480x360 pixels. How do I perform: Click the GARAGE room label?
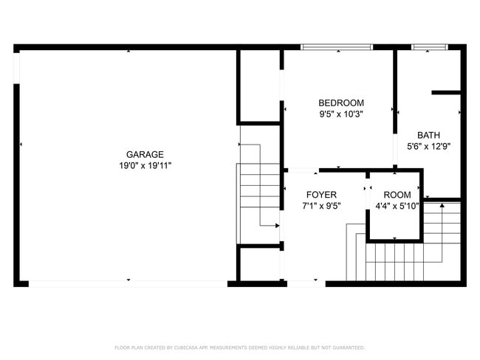[x=145, y=154]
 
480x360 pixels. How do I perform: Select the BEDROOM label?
[x=341, y=103]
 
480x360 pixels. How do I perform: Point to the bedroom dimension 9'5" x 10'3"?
[x=341, y=114]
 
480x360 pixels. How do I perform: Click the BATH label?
[x=429, y=135]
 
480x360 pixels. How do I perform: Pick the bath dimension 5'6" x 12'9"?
[x=429, y=146]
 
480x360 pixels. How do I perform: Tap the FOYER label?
[x=322, y=195]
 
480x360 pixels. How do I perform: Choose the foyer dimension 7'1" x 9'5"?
[x=322, y=207]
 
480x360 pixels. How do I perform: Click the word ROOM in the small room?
[x=397, y=195]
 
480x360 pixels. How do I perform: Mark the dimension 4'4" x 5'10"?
[x=397, y=207]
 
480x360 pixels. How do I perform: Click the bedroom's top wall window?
[x=336, y=47]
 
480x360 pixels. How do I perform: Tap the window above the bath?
[x=429, y=47]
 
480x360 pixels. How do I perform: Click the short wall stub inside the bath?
[x=447, y=93]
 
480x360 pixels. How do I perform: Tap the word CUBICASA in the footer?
[x=189, y=347]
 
